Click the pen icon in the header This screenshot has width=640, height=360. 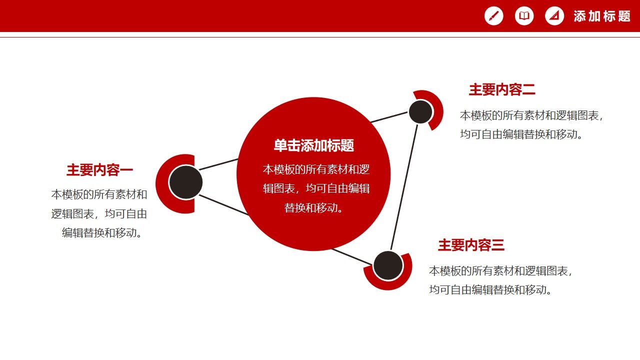coord(493,16)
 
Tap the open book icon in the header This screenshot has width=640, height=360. coord(524,16)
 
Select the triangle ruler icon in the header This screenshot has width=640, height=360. coord(554,16)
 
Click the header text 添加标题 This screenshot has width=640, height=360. coord(602,16)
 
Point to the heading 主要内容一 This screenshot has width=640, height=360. coord(99,170)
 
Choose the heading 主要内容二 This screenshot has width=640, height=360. coord(502,90)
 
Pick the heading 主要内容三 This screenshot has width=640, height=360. coord(471,245)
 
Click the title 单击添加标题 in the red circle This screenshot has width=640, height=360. coord(313,145)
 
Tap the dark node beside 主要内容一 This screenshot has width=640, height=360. coord(185,182)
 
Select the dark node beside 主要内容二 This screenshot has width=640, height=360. coord(420,111)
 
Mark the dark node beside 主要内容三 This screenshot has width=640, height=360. coord(388,265)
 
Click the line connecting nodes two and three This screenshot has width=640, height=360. coord(404,187)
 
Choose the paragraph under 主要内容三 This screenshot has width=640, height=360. coord(500,280)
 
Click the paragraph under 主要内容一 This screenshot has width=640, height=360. coord(99,213)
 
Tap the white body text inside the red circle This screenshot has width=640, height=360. coord(316,188)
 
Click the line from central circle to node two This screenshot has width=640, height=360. coord(389,117)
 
